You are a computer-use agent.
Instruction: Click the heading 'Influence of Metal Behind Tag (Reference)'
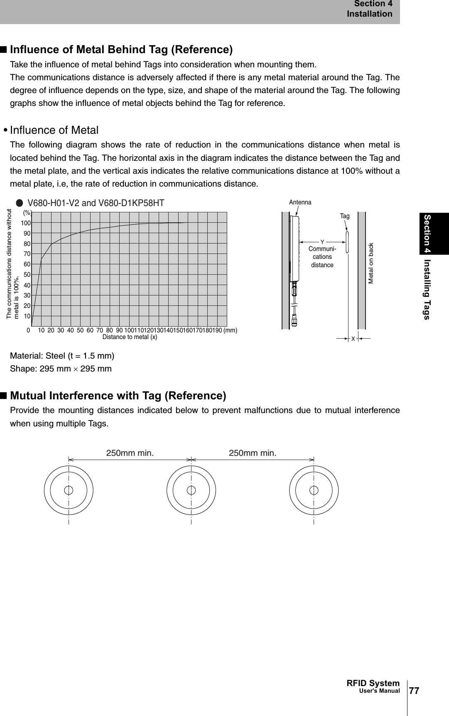pos(121,50)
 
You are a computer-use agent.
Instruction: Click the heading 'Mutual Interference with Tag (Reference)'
pos(118,395)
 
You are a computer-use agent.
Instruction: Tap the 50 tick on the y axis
pos(27,275)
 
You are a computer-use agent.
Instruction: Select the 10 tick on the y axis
pos(27,316)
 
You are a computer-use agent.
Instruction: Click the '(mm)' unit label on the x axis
pos(230,330)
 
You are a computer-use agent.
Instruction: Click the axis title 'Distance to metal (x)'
pos(130,337)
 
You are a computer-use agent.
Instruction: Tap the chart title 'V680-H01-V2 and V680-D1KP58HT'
pos(96,203)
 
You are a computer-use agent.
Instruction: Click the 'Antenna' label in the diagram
pos(300,202)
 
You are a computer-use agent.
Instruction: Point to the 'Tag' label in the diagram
pos(345,216)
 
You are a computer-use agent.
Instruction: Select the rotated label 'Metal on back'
pos(371,263)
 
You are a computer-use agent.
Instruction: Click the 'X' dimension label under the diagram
pos(353,339)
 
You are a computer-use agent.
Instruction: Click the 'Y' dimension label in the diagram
pos(322,241)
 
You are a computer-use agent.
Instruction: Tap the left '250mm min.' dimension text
pos(130,453)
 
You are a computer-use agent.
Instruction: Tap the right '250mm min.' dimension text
pos(253,453)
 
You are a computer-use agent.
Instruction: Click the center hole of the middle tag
pos(191,490)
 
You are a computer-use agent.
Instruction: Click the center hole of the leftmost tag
pos(69,490)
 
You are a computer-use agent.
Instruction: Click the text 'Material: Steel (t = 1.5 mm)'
pos(62,356)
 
